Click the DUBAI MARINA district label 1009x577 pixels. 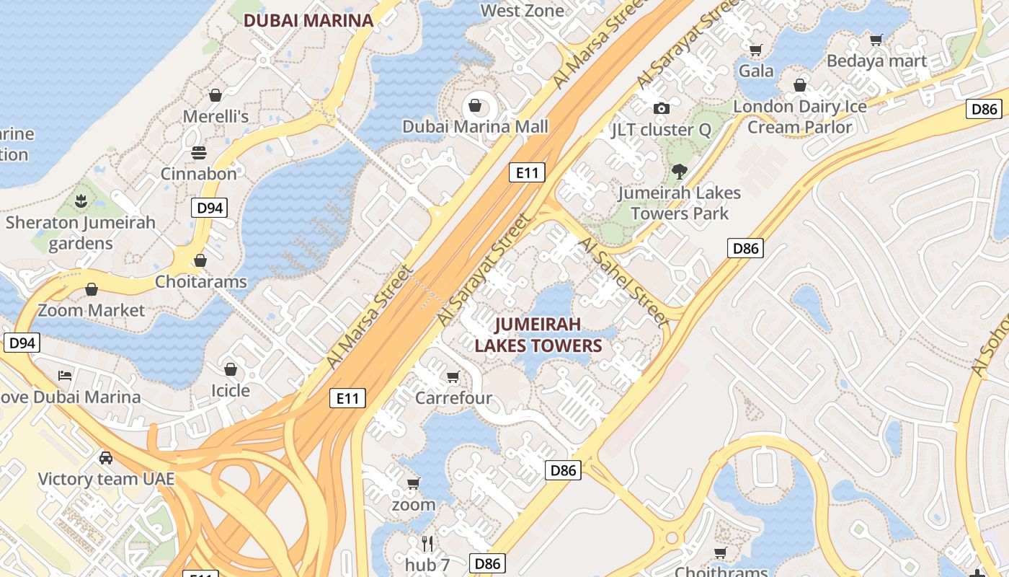point(308,20)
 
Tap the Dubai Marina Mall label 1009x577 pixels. point(475,127)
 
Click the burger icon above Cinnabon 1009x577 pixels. point(199,153)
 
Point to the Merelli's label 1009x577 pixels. point(215,116)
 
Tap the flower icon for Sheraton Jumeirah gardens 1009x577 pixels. point(81,200)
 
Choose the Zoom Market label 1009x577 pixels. point(92,310)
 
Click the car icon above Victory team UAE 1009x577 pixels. point(106,457)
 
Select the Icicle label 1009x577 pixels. point(231,390)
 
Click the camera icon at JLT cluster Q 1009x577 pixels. point(661,108)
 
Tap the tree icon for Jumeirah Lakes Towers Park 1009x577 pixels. point(679,172)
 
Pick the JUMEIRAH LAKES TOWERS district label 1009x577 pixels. point(538,335)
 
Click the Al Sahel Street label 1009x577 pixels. point(623,281)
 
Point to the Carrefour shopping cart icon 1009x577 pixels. point(453,376)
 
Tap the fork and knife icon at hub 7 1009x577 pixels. point(427,543)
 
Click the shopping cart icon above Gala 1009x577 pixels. point(755,50)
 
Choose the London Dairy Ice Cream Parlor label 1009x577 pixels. point(800,117)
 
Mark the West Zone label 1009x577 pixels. point(523,10)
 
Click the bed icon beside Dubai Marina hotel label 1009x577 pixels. point(65,375)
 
